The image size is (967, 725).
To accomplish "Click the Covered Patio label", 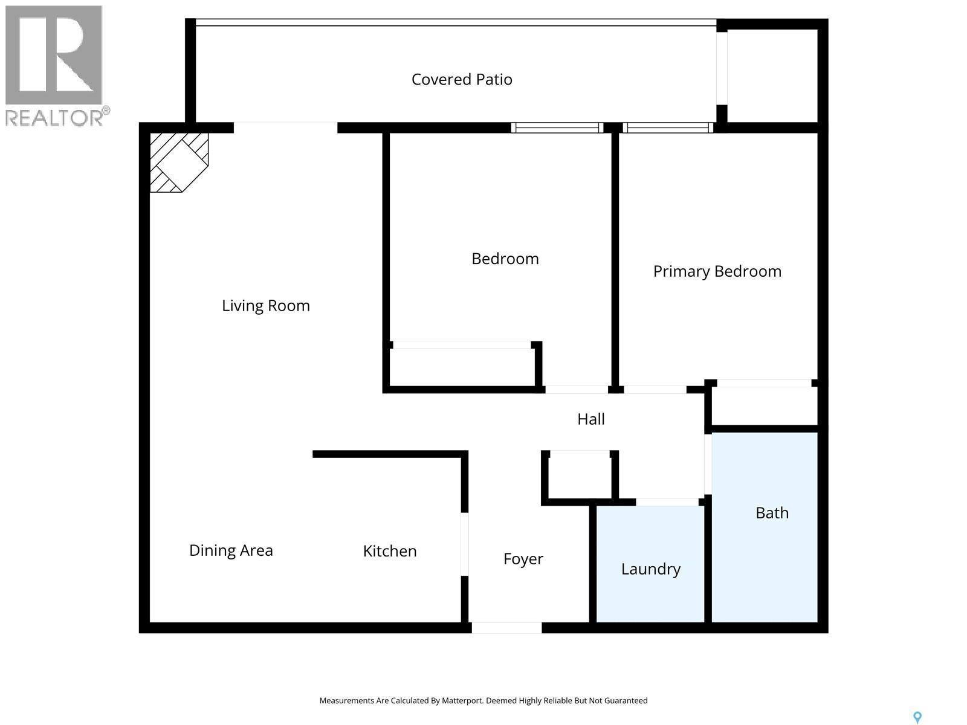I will click(462, 79).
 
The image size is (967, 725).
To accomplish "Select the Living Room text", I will click(265, 306).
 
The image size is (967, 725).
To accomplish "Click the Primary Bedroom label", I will click(717, 271).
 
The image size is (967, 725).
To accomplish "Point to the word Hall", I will click(590, 419).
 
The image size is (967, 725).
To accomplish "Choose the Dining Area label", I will click(231, 550).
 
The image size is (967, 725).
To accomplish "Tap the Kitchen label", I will click(389, 551).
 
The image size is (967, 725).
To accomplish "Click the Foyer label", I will click(523, 559).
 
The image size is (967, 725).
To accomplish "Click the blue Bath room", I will click(765, 544).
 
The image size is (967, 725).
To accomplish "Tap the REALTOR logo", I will click(56, 65).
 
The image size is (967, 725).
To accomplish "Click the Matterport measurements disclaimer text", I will click(483, 701).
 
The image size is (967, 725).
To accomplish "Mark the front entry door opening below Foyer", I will click(506, 628).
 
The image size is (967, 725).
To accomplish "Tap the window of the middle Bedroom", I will click(557, 127).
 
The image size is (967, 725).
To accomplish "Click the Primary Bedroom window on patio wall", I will click(667, 127).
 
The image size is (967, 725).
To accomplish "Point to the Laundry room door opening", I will click(667, 502).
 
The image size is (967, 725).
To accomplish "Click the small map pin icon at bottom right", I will click(917, 717).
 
